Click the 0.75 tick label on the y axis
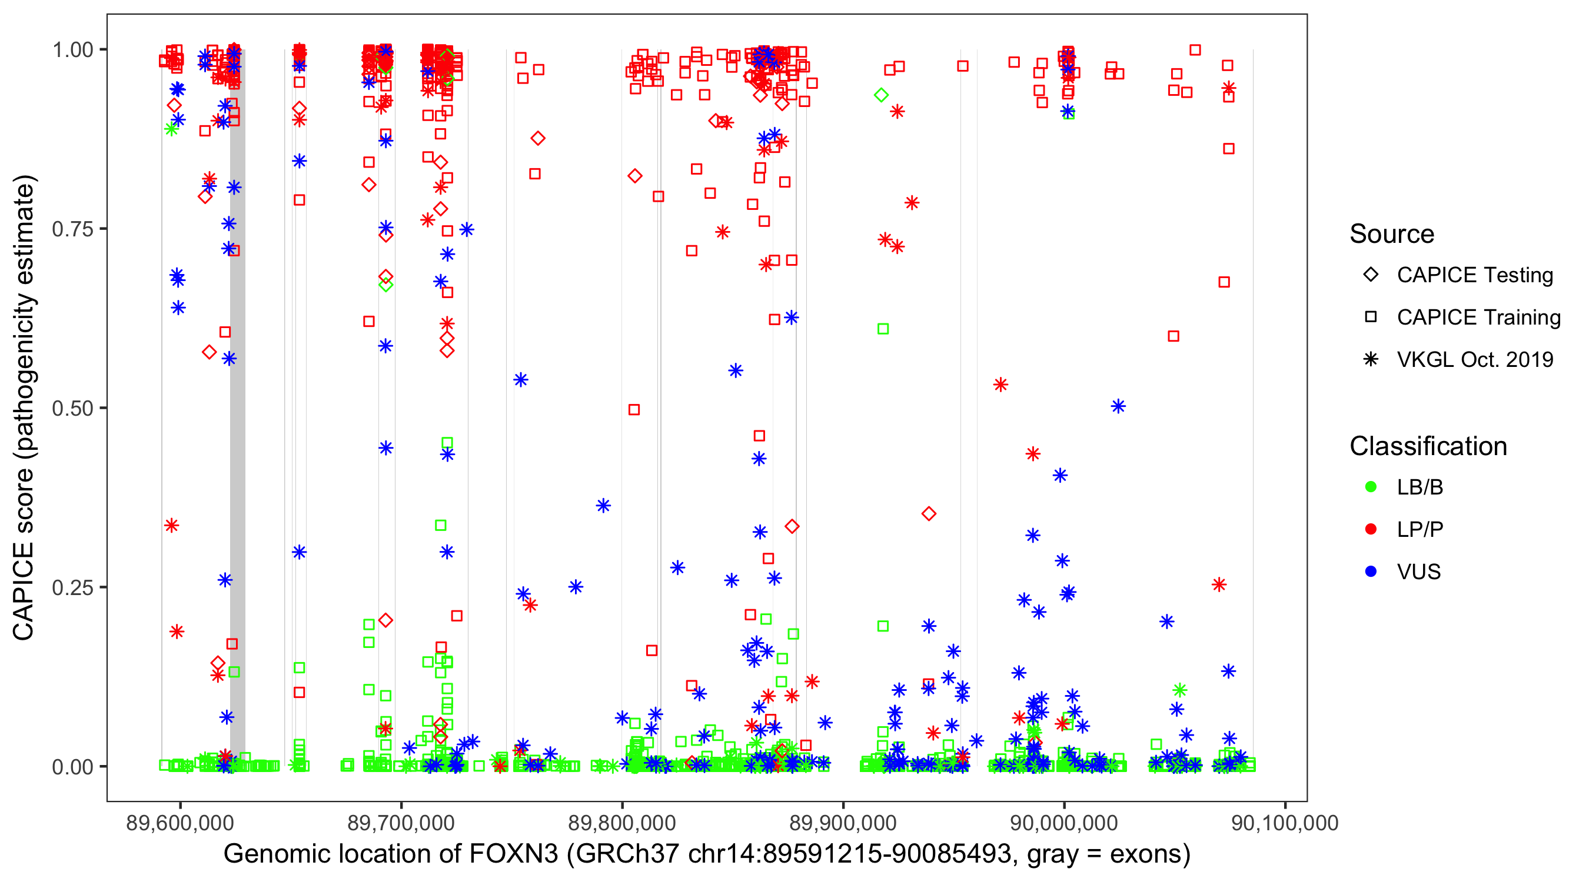72,229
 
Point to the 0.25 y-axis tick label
72,587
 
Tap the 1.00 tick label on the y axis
72,50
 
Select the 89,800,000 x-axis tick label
622,823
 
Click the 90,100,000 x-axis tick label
1285,823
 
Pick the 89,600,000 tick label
180,823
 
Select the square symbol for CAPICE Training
1371,317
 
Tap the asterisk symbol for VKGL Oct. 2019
1371,359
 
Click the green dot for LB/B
1371,487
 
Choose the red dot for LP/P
1371,529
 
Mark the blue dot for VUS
1371,572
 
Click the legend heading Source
1392,234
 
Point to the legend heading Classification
1428,446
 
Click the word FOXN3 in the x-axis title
514,854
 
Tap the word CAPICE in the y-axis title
24,591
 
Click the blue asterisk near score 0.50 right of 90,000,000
1118,406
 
